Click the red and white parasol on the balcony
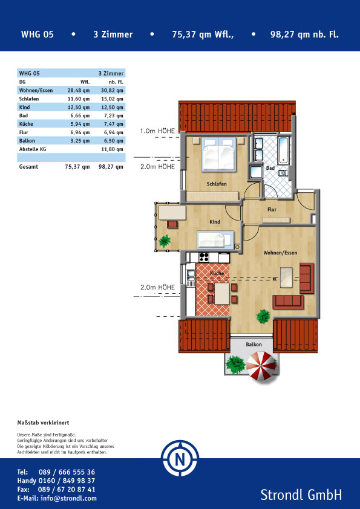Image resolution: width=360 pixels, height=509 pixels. point(261,366)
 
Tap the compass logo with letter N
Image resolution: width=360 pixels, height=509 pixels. point(180,458)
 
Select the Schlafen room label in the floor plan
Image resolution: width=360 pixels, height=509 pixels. point(217,184)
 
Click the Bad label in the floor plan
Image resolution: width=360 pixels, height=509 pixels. point(270,168)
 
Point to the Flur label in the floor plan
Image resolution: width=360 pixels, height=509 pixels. point(272,210)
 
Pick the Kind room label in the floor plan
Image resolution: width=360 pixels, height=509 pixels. point(215,222)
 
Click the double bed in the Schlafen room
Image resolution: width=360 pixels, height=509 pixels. point(218,154)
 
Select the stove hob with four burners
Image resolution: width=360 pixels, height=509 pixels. point(204,258)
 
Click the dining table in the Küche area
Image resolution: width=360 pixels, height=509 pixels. point(222,293)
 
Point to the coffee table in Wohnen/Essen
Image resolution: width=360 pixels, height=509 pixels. point(287,277)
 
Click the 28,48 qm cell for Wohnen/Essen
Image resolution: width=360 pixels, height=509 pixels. point(78,91)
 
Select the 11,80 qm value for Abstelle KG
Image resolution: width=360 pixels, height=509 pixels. point(112,150)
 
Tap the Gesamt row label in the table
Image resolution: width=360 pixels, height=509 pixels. point(28,167)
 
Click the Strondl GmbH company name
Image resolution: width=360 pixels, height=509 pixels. point(301,495)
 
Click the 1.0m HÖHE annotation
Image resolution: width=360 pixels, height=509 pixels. point(157,131)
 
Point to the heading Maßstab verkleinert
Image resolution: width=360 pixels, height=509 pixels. point(43,423)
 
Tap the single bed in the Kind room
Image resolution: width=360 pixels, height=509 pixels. point(215,239)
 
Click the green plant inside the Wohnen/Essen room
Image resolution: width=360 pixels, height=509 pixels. point(263,316)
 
